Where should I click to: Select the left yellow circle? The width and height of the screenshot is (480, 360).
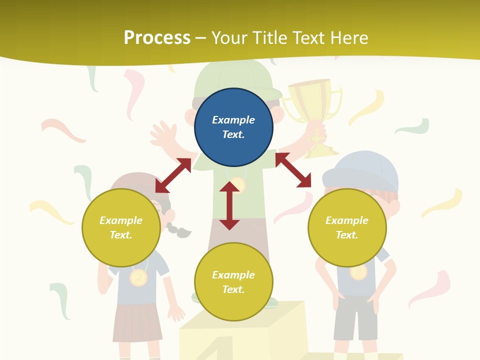coord(121,227)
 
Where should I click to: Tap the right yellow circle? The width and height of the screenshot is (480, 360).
coord(347,227)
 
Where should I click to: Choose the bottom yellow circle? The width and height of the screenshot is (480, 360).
coord(233,282)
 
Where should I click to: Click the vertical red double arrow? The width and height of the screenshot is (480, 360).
coord(229,205)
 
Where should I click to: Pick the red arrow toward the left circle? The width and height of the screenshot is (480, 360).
coord(173,175)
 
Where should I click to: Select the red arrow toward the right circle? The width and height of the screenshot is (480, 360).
coord(293,170)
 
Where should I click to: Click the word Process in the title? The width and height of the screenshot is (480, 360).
coord(157,38)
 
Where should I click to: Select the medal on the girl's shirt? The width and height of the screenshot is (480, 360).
coord(138,277)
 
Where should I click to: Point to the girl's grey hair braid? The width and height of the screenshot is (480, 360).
coord(179,230)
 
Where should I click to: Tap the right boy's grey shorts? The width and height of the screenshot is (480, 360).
coord(355,316)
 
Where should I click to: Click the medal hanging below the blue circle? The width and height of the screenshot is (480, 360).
coord(238,185)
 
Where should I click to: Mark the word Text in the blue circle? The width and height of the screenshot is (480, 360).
coord(233,134)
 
